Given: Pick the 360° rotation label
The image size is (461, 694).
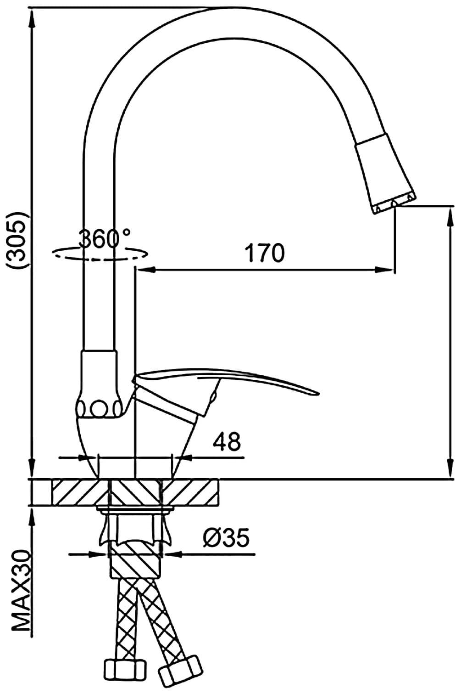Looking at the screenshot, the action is [x=105, y=239].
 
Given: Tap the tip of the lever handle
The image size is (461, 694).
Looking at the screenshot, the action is [x=318, y=394].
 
